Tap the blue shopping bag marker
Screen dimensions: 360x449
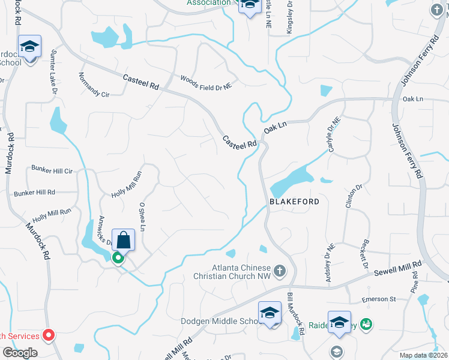pos(124,240)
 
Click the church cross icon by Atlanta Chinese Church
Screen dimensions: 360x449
pos(279,271)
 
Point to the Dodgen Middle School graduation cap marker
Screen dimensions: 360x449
pos(270,313)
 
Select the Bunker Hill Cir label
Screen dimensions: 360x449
pos(52,171)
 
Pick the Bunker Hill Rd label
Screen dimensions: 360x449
pos(34,193)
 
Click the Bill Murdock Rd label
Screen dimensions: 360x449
pos(297,314)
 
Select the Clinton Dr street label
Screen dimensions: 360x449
pos(354,196)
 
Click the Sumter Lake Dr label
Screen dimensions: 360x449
pos(55,70)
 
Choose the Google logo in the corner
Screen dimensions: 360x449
pos(19,353)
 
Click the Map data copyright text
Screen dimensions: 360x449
pos(423,355)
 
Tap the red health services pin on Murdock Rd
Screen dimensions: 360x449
pos(50,335)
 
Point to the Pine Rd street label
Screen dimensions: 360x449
pos(414,281)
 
